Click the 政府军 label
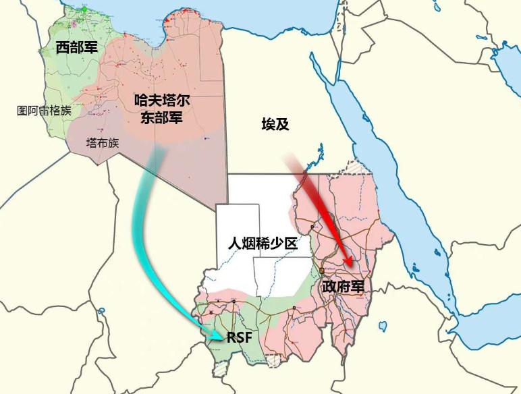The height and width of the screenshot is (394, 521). click(x=343, y=286)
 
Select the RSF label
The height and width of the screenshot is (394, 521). click(x=239, y=337)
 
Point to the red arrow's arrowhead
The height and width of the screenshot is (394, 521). click(x=348, y=262)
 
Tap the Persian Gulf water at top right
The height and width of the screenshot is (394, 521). click(x=503, y=54)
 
